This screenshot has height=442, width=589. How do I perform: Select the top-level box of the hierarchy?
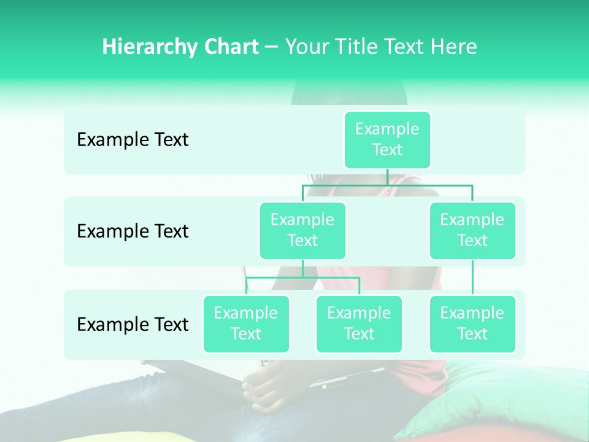click(x=387, y=139)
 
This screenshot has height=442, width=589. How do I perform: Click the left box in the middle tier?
click(x=302, y=230)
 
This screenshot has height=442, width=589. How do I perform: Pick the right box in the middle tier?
click(x=472, y=230)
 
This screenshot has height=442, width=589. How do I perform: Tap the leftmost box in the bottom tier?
click(x=246, y=324)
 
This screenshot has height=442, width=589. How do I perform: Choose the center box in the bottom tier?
click(x=359, y=324)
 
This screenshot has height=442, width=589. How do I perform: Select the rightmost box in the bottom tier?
click(x=472, y=324)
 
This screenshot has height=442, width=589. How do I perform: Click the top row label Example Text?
click(x=133, y=140)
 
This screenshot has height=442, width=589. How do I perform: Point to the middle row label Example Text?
click(x=133, y=231)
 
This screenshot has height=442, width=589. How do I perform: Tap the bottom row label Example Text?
click(x=133, y=324)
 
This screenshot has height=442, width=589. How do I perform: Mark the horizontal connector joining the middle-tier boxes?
click(x=387, y=184)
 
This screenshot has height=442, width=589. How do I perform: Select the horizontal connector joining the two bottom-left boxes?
click(x=302, y=277)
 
